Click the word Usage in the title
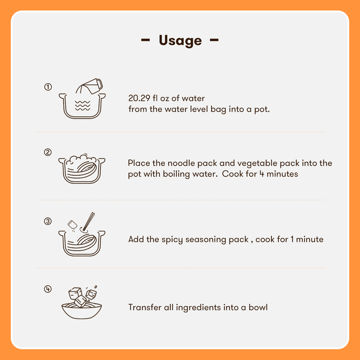click(x=180, y=40)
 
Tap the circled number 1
click(x=48, y=87)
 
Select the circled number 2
click(x=48, y=152)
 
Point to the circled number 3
click(x=48, y=221)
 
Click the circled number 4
click(x=48, y=289)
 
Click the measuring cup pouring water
click(x=93, y=86)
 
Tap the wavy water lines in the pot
click(x=82, y=106)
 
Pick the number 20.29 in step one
click(x=139, y=98)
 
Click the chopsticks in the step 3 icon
click(x=89, y=221)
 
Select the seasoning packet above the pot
click(x=73, y=224)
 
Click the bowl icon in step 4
click(x=81, y=311)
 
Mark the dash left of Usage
click(x=146, y=40)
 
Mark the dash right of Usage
click(x=214, y=40)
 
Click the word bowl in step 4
click(x=258, y=307)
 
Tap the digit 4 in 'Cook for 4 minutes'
click(x=262, y=174)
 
